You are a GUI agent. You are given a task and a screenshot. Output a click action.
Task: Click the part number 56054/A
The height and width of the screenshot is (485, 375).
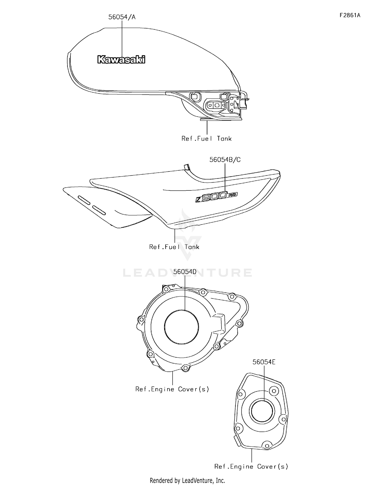coord(122,17)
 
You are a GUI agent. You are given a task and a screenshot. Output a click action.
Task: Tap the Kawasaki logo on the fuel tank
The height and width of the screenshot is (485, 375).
coord(121,60)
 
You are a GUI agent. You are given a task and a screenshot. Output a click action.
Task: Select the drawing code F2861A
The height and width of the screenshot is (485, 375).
coord(350,15)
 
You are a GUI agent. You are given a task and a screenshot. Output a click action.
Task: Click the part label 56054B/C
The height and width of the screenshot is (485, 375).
coord(225,160)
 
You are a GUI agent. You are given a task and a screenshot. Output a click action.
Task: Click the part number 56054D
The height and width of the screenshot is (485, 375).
coord(185,272)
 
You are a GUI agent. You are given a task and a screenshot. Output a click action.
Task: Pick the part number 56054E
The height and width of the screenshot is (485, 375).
coord(264,362)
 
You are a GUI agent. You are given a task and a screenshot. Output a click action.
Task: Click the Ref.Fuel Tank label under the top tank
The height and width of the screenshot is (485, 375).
coord(206,139)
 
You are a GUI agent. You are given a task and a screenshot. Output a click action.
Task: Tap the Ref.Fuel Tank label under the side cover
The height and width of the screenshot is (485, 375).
coord(174,247)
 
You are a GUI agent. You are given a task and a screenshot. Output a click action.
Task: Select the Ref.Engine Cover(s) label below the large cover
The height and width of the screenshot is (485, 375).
coord(172,389)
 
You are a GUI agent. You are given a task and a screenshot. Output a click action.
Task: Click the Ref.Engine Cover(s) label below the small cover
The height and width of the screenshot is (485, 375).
coord(251,466)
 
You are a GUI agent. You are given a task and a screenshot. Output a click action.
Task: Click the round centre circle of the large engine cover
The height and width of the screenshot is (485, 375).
coord(182,310)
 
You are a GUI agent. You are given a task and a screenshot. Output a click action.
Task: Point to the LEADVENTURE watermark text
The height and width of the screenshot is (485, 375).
coord(187,273)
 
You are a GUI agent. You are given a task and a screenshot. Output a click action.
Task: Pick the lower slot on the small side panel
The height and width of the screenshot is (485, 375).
coord(99,210)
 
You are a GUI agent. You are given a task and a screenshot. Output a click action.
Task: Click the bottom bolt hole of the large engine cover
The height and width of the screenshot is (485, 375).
coord(185,368)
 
